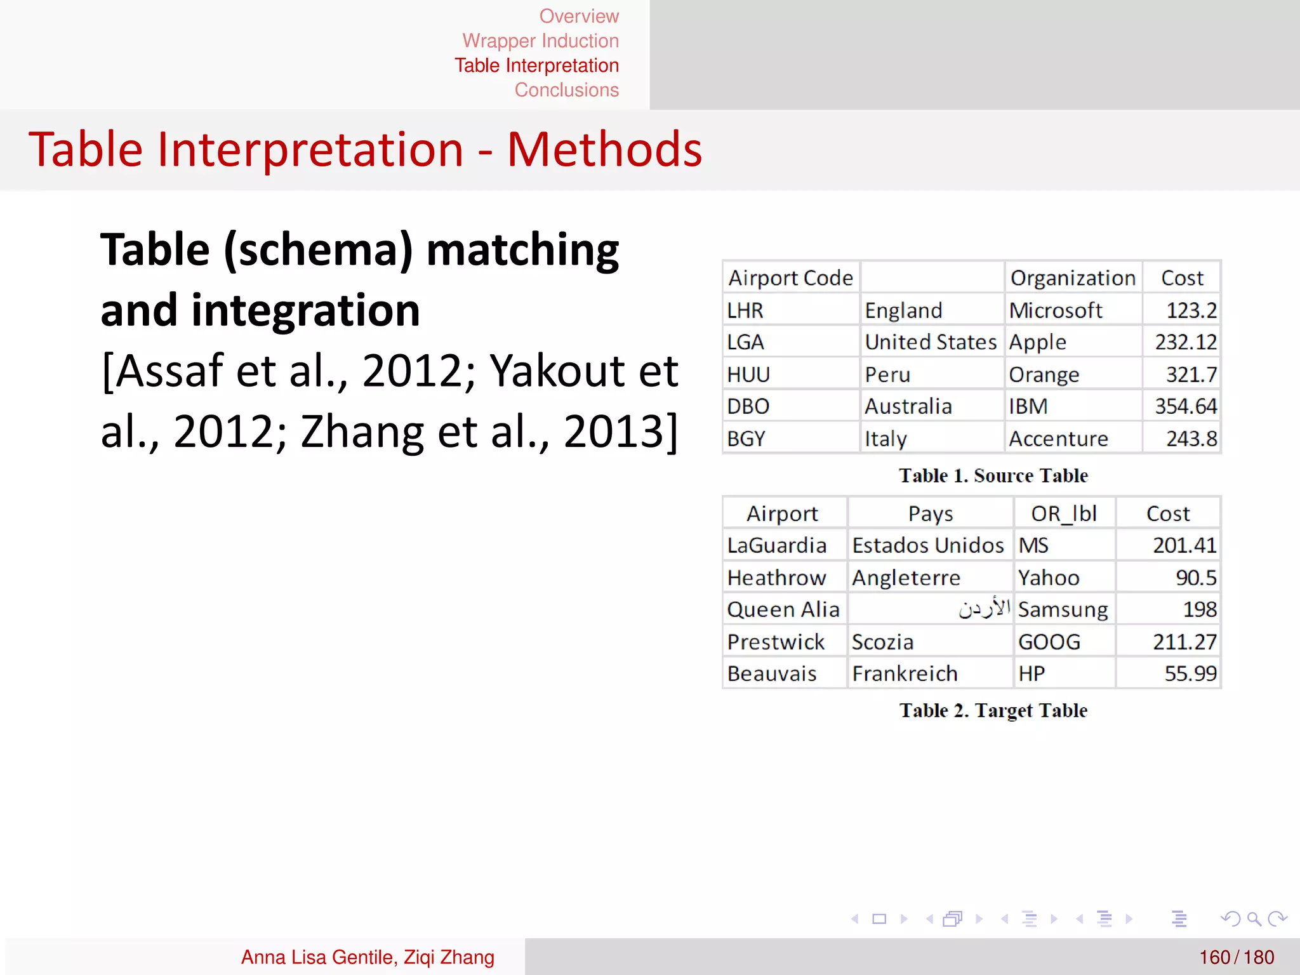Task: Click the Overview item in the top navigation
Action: (578, 16)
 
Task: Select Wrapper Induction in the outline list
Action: (540, 41)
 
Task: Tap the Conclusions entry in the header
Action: (566, 90)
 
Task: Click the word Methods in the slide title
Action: (604, 150)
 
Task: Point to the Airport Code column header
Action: (790, 278)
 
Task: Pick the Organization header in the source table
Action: (1073, 278)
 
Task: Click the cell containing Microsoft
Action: (1056, 310)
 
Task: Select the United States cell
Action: (931, 342)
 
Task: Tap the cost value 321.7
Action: (1191, 375)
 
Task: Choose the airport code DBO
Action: (748, 406)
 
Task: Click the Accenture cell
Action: (1058, 439)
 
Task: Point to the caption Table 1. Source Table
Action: (993, 475)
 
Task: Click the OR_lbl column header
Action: (1064, 514)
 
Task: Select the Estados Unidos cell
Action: (928, 545)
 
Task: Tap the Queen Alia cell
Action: (783, 609)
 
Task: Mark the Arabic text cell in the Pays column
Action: (984, 609)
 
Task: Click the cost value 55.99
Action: (1190, 673)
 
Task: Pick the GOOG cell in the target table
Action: (1049, 642)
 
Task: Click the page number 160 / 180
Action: (1236, 957)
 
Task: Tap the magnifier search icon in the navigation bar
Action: (1254, 919)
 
